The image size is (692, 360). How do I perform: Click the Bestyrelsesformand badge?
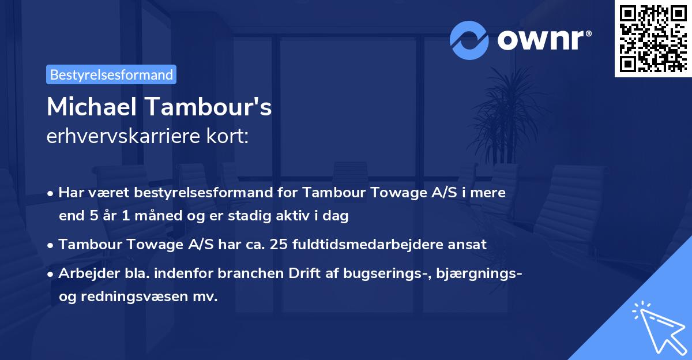111,74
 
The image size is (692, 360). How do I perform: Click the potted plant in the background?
507,115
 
